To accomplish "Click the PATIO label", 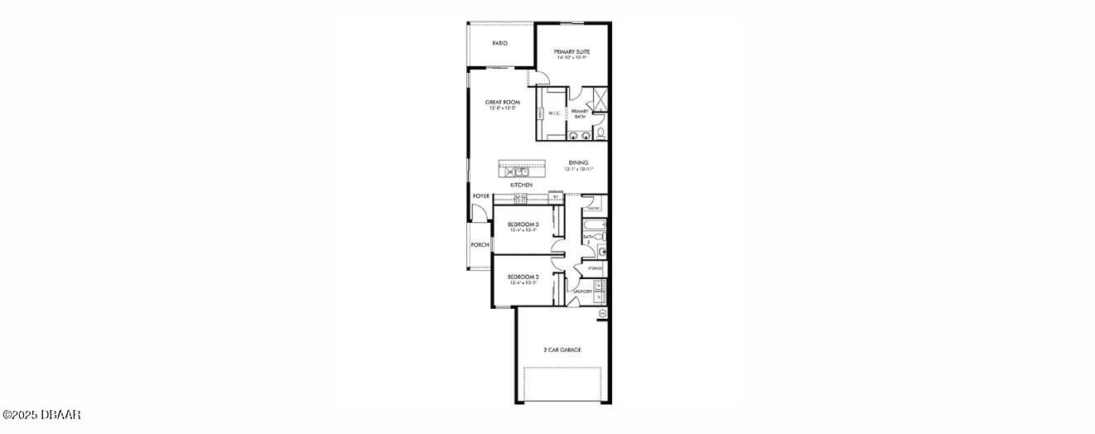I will [x=499, y=43].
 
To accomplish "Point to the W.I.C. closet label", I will [x=554, y=113].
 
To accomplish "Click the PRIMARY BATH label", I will [x=580, y=113].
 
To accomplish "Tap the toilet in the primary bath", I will [x=601, y=133].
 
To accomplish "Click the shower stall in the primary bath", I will [x=601, y=99].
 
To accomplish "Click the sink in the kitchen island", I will [x=509, y=171].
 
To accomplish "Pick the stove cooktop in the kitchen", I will [x=520, y=198].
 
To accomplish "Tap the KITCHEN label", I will [x=521, y=185].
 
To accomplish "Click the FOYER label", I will [x=481, y=196].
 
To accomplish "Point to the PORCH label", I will [x=480, y=245].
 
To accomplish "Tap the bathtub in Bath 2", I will [x=594, y=224].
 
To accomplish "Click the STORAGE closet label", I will [x=595, y=269].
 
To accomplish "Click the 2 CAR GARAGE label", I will [x=562, y=350].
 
